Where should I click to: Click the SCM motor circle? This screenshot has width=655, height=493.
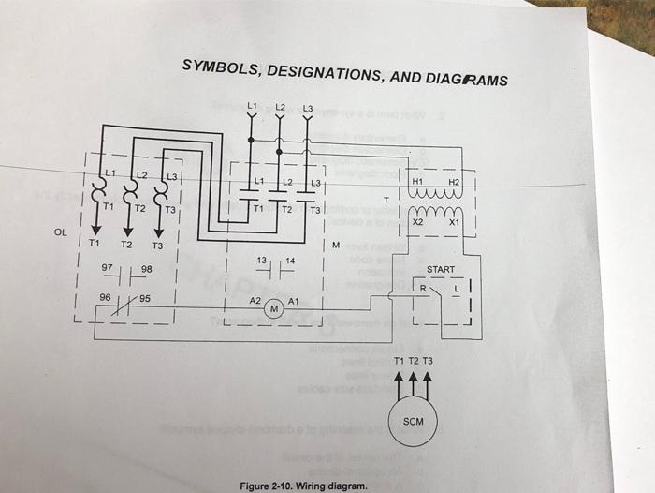coord(413,421)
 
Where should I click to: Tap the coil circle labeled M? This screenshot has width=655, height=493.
coord(275,308)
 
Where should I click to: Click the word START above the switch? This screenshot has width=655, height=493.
coord(440,270)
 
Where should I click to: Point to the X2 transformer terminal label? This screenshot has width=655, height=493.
coord(418,224)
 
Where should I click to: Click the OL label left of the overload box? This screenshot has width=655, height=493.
coord(61,232)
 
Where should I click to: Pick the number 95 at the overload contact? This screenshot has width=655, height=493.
coord(145,298)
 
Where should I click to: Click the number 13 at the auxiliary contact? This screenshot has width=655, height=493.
coord(262,259)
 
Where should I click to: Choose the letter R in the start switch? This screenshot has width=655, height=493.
coord(423,289)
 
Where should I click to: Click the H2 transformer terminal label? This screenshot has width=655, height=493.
coord(454,181)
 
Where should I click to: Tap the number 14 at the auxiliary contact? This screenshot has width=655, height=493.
coord(290,259)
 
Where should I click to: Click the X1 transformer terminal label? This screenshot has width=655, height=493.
coord(455,224)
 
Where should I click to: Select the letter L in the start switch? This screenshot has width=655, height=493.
coord(456,290)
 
